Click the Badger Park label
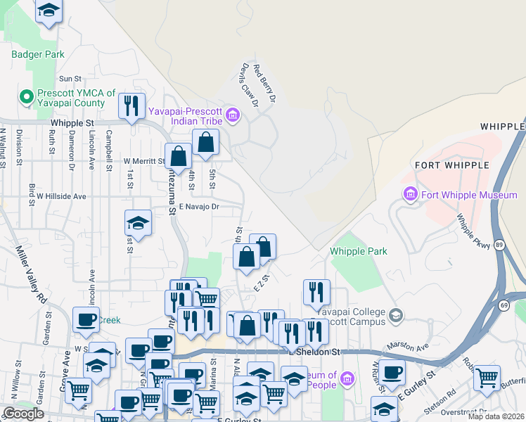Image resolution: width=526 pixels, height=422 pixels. pos(38,54)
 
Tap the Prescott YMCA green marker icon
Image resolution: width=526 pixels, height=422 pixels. pos(27,96)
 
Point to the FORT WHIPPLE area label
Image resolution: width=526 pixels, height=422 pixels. pos(451,165)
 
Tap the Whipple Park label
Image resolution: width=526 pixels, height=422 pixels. pos(359,251)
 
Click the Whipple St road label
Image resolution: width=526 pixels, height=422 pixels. pos(72,122)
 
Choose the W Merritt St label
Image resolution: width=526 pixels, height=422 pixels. pos(143,160)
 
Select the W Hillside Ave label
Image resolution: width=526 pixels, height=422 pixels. pos(61,196)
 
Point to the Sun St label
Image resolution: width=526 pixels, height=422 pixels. pos(71,79)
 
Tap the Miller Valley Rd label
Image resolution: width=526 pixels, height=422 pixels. pos(29,272)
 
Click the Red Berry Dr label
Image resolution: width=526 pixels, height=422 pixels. pos(264,84)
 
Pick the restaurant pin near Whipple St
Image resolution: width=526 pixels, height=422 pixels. pos(131,106)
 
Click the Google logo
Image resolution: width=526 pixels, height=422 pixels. pos(23,414)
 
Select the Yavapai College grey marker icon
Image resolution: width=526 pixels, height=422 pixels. pos(397,314)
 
